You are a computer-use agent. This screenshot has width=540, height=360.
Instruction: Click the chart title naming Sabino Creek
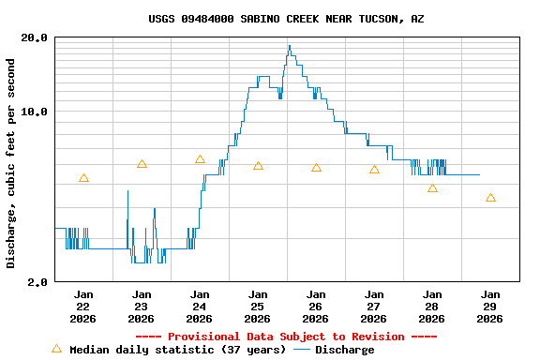point(286,19)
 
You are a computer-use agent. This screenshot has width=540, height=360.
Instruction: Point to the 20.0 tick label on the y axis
point(35,37)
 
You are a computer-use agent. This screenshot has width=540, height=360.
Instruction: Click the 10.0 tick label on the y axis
point(35,112)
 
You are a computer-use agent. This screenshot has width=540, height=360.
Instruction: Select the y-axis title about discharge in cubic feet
point(11,163)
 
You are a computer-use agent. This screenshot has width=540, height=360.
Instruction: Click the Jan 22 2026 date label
point(83,306)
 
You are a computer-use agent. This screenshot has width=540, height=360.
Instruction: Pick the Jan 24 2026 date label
point(200,306)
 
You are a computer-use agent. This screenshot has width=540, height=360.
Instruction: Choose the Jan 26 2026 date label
point(316,306)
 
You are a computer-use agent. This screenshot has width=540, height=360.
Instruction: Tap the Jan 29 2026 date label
point(490,306)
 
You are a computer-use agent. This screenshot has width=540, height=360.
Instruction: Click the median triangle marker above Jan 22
point(83,178)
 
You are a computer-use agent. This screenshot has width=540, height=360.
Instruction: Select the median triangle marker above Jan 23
point(142,164)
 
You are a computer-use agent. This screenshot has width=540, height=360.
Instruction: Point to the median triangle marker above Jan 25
point(258,166)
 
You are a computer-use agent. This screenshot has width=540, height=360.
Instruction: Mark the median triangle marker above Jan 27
point(374,170)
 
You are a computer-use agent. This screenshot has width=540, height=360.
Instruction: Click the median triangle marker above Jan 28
point(432,188)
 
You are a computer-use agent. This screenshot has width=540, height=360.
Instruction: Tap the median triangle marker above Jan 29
point(490,198)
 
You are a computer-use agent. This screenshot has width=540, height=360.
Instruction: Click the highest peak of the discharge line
point(289,46)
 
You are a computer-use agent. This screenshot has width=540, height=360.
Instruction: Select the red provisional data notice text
point(286,337)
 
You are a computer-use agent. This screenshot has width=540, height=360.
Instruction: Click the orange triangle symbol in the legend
point(56,349)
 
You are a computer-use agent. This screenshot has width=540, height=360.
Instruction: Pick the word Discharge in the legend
point(344,350)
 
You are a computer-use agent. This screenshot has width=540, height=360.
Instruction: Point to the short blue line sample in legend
point(301,350)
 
